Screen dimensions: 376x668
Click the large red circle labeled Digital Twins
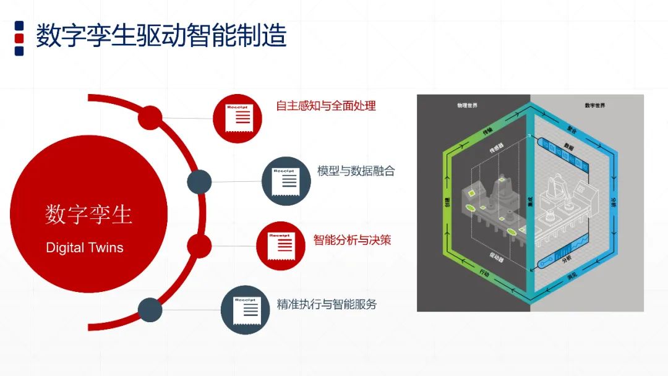tap(88, 213)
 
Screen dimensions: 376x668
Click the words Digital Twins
tap(85, 248)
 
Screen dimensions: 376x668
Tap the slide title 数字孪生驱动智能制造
tap(161, 36)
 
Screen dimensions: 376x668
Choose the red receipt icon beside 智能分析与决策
tap(281, 246)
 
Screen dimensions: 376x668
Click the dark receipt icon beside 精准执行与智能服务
tap(246, 309)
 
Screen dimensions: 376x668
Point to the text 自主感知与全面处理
tap(326, 106)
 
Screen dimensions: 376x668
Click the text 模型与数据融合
tap(356, 171)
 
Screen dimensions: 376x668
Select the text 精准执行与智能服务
tap(327, 304)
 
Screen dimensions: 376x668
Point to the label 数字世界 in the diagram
tap(594, 106)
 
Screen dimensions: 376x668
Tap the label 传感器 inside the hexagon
tap(497, 149)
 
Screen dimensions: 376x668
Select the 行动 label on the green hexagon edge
tap(485, 273)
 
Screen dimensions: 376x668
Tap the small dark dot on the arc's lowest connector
tap(150, 309)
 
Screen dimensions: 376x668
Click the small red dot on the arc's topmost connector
tap(150, 117)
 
